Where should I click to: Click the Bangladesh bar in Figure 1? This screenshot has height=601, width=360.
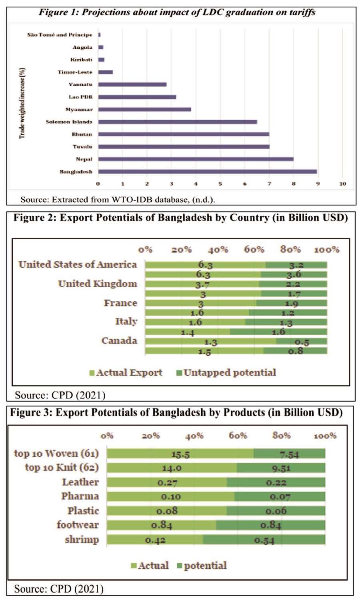tap(207, 172)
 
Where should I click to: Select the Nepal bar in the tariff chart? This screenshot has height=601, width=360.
tap(196, 159)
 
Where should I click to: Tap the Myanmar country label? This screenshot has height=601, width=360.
tap(79, 110)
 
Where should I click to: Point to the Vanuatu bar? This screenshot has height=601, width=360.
tap(132, 84)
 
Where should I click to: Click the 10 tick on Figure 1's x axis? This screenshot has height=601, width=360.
tap(342, 184)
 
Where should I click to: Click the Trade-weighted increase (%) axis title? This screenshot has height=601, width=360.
tap(22, 103)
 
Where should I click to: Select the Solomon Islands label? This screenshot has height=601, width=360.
tap(69, 122)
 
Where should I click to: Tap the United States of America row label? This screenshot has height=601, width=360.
tap(78, 264)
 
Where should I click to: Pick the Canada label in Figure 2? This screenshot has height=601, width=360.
tap(119, 341)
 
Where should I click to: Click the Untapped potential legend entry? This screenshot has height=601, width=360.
tap(226, 373)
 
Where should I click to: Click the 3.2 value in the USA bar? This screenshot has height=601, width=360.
tap(296, 265)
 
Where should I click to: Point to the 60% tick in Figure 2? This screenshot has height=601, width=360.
tap(254, 250)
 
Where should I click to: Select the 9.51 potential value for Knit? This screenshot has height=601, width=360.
tap(281, 469)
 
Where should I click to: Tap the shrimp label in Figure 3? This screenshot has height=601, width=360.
tap(82, 539)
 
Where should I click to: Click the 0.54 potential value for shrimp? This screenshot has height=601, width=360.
tap(264, 541)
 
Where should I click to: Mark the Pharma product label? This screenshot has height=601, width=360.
tap(80, 496)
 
